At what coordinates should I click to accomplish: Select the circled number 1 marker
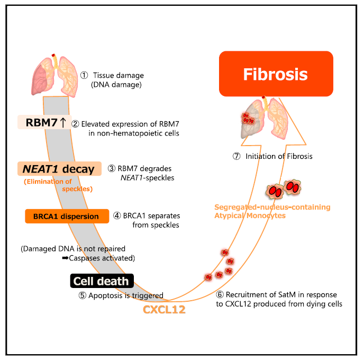(84, 76)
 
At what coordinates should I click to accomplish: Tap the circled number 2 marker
(76, 124)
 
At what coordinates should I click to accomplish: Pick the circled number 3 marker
(111, 168)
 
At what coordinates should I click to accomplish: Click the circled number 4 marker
(117, 215)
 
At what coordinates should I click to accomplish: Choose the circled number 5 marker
(82, 295)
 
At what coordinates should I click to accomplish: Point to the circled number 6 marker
(221, 294)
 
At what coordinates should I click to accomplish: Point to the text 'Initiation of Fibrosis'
(279, 156)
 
